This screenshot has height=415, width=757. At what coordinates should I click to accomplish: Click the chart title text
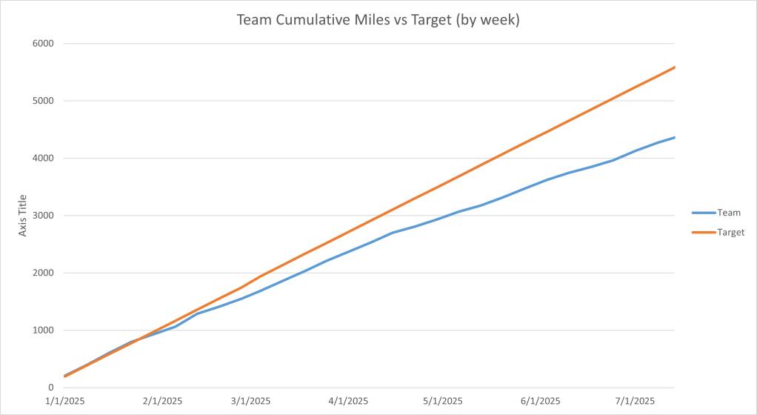click(x=378, y=20)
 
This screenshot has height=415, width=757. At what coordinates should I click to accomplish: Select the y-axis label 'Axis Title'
click(x=24, y=216)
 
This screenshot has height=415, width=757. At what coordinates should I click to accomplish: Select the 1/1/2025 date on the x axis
click(x=65, y=401)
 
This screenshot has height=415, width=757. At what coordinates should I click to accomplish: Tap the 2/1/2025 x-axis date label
click(x=161, y=401)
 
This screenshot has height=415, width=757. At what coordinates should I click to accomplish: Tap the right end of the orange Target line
click(x=674, y=67)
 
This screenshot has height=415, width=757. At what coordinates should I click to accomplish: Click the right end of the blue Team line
click(x=674, y=137)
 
